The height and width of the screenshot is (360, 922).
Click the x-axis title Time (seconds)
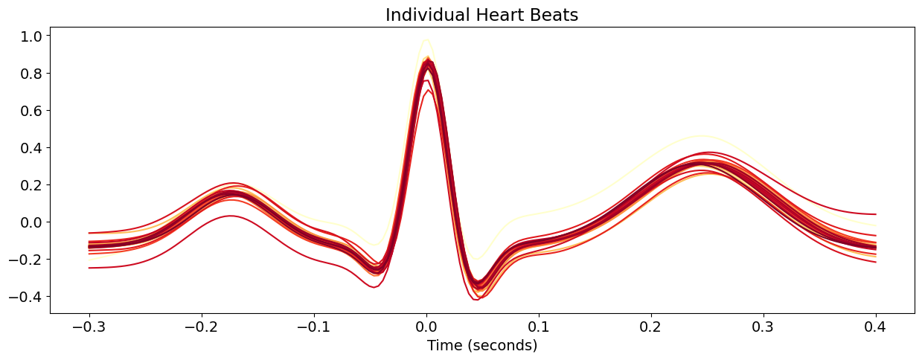coord(481,345)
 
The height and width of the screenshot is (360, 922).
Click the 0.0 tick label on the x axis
coord(426,327)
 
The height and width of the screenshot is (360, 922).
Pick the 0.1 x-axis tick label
coord(539,327)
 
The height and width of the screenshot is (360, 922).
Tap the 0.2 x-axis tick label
coord(651,327)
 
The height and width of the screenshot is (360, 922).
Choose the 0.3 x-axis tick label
coord(763,327)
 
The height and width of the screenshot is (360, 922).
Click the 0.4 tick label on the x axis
coord(876,327)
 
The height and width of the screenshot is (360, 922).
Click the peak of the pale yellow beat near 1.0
coord(426,39)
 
